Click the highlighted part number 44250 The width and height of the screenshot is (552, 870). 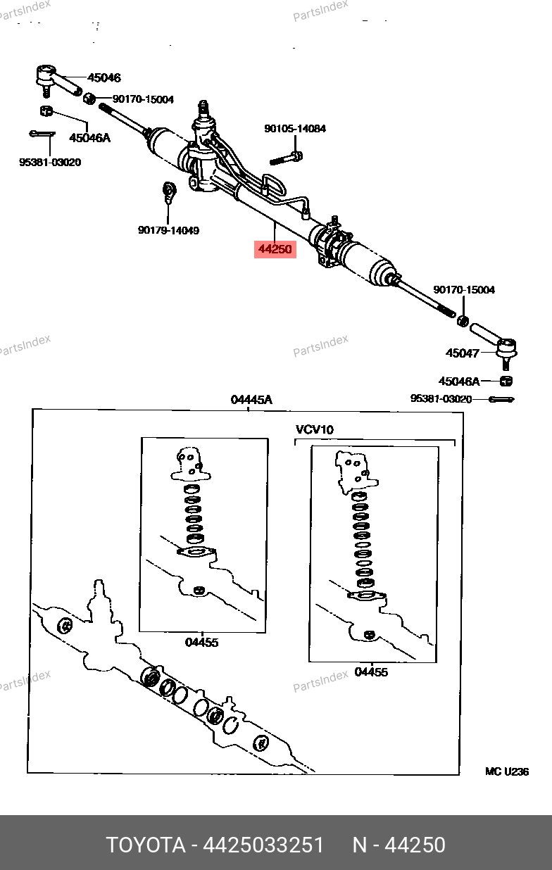tap(275, 249)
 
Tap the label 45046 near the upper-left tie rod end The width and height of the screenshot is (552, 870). tap(103, 77)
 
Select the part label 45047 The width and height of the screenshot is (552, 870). tap(463, 353)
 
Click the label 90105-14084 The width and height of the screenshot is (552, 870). tap(295, 129)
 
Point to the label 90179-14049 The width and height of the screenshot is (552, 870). tap(168, 230)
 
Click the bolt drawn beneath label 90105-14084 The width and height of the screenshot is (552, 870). tap(287, 158)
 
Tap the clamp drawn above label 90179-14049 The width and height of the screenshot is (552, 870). tap(169, 192)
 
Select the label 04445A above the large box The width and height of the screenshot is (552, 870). tap(251, 400)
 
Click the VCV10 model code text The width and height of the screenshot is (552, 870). tap(314, 429)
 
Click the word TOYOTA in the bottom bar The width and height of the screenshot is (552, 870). tap(146, 845)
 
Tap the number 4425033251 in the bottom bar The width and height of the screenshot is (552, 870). tap(263, 845)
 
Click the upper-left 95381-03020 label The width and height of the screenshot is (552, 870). tap(50, 162)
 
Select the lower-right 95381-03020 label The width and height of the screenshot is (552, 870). tap(441, 399)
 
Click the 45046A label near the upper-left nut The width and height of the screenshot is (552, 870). tap(89, 138)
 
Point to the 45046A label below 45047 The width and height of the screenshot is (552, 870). tap(459, 382)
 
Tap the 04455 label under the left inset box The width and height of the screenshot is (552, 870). tap(201, 643)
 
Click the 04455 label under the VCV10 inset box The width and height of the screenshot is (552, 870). tap(371, 672)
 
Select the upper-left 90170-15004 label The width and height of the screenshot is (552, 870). tap(144, 99)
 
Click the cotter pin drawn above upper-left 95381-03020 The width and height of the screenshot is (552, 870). tap(42, 134)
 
